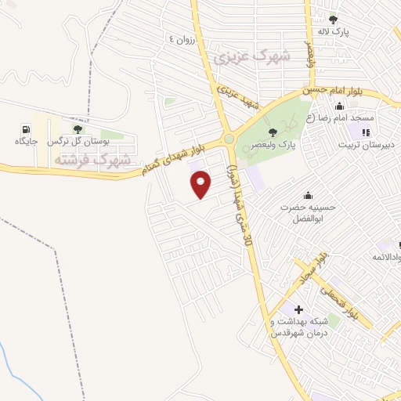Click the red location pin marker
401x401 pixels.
pyautogui.click(x=201, y=184)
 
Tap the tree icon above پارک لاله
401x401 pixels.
pyautogui.click(x=334, y=20)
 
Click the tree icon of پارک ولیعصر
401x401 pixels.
pyautogui.click(x=272, y=132)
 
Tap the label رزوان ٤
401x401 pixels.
pyautogui.click(x=189, y=38)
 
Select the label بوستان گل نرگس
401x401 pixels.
pyautogui.click(x=76, y=142)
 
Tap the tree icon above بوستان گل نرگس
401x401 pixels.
pyautogui.click(x=77, y=128)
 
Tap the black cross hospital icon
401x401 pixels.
pyautogui.click(x=298, y=309)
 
